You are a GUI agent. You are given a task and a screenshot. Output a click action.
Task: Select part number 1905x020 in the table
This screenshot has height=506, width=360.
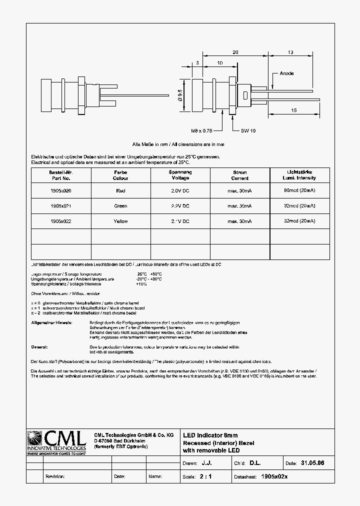click(61, 190)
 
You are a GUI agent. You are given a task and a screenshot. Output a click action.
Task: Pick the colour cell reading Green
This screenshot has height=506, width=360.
click(120, 206)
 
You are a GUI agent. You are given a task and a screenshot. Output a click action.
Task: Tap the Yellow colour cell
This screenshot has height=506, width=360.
click(120, 221)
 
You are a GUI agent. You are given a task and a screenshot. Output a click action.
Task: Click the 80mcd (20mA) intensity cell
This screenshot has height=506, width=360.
click(299, 190)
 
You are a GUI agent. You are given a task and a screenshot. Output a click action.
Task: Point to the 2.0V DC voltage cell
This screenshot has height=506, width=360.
click(180, 190)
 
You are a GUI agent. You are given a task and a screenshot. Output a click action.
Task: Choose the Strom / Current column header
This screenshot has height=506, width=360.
click(240, 175)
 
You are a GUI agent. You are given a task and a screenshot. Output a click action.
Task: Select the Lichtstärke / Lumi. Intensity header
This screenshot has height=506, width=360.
click(299, 175)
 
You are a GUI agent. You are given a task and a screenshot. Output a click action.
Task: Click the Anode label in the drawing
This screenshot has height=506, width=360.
click(286, 73)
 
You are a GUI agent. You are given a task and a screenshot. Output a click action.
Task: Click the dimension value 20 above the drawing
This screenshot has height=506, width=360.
click(235, 52)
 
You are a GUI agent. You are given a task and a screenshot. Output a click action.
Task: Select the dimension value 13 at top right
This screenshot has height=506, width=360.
click(290, 52)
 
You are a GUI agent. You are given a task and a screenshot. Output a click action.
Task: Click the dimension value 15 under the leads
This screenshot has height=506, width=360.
click(293, 109)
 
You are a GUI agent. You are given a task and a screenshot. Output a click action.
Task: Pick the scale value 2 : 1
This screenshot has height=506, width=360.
click(205, 476)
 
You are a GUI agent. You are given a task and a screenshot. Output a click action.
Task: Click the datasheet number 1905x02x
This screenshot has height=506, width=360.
click(274, 476)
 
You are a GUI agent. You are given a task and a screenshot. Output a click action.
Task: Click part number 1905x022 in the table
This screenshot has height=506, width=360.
click(61, 221)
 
